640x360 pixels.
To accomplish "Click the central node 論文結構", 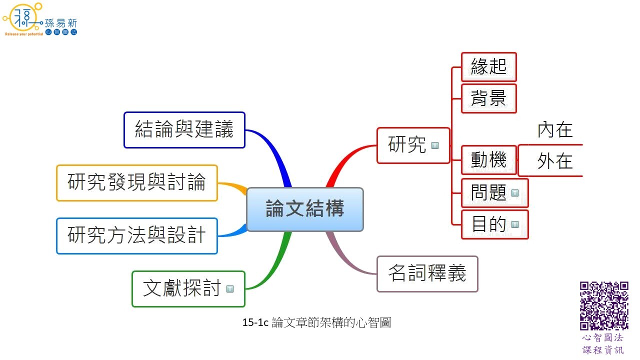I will (305, 209).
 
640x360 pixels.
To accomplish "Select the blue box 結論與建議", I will (184, 130).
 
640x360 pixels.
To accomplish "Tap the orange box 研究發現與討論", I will (136, 183).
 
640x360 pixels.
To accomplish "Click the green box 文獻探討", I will (182, 289).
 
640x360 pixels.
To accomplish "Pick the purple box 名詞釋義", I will (427, 274).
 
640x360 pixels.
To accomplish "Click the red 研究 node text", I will (407, 145).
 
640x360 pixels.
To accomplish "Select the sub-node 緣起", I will (488, 67).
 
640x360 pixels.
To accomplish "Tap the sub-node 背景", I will (488, 98).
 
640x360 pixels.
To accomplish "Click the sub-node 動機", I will (488, 160).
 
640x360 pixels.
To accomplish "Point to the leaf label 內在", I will (555, 130).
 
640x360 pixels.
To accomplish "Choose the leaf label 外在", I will (555, 161).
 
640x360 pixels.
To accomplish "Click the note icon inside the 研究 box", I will (435, 145).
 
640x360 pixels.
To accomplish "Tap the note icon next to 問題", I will (515, 193).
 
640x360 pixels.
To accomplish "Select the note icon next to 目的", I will (515, 225).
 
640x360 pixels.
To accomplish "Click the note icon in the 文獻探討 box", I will (230, 289).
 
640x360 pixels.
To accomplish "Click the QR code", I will (604, 305).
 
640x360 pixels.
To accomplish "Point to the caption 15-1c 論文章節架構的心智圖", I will (316, 323).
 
